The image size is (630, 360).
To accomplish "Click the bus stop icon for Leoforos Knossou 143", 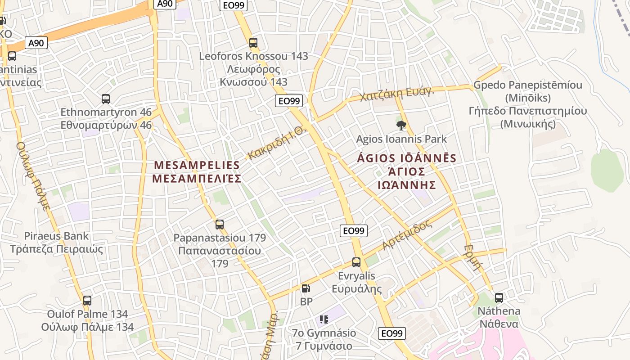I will coord(253,43).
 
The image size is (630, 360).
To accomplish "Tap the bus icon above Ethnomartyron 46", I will coord(106,99).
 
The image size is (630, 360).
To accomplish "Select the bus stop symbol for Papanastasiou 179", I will coord(220,224).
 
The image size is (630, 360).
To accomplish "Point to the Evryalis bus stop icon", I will coord(356,262).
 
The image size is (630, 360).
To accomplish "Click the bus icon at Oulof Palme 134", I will coord(87,300).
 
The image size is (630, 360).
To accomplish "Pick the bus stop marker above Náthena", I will coord(499,297).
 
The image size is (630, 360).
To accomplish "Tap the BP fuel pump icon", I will coord(306,288).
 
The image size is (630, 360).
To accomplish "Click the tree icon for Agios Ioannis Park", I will coord(401,126).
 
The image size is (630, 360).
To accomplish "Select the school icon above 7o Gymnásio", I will coord(324,319).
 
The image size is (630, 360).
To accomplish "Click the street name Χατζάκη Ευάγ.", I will coord(396,94).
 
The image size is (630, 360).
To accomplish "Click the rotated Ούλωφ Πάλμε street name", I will coord(33,176).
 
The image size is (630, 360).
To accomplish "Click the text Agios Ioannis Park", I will coord(401,139).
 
